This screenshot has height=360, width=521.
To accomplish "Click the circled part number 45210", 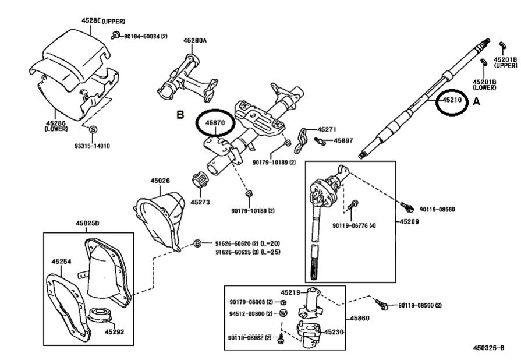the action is pos(452,100).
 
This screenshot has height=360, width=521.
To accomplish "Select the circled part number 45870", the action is pos(215,123).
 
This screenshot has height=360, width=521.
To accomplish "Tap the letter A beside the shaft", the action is pos(477,101).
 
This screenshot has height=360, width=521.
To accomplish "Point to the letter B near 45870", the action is pos(180,115).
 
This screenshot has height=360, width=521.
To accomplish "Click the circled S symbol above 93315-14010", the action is pos(93,129).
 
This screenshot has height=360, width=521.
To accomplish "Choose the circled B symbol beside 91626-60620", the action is pos(197,243).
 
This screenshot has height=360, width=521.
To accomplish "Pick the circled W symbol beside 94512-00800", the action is pos(283,313).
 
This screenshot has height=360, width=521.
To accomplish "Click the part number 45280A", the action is pos(195,40).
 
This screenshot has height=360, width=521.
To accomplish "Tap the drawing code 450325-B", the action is pos(489,348).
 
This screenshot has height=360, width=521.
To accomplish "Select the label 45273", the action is pos(200,202).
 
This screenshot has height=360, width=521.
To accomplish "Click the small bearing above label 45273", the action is pos(200,180).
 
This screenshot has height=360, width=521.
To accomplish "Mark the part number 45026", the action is pos(160,181).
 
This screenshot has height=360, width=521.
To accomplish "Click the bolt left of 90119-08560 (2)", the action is pos(381,304).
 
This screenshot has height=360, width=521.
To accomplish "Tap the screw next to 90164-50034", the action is pos(116,34).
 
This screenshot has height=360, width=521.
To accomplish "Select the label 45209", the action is pos(409,221).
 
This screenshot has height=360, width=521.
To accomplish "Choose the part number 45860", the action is pos(360,318).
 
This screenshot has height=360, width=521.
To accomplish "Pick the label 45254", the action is pos(61,262).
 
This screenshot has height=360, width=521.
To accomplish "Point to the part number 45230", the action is pos(334,331).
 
